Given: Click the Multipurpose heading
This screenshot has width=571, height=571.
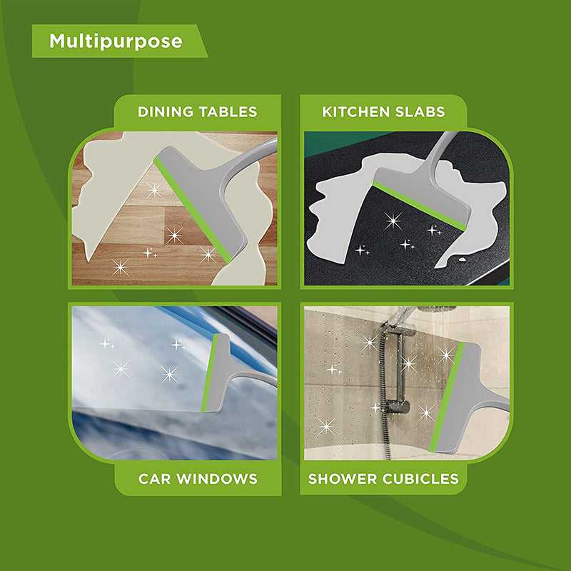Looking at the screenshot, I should pyautogui.click(x=116, y=41).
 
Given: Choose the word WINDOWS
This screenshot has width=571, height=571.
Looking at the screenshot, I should pyautogui.click(x=221, y=478).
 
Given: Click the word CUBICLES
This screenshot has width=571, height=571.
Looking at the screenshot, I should pyautogui.click(x=419, y=478).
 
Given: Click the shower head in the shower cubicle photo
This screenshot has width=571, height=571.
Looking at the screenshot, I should pyautogui.click(x=435, y=310).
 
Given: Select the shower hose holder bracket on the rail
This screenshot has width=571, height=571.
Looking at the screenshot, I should pyautogui.click(x=396, y=408).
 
